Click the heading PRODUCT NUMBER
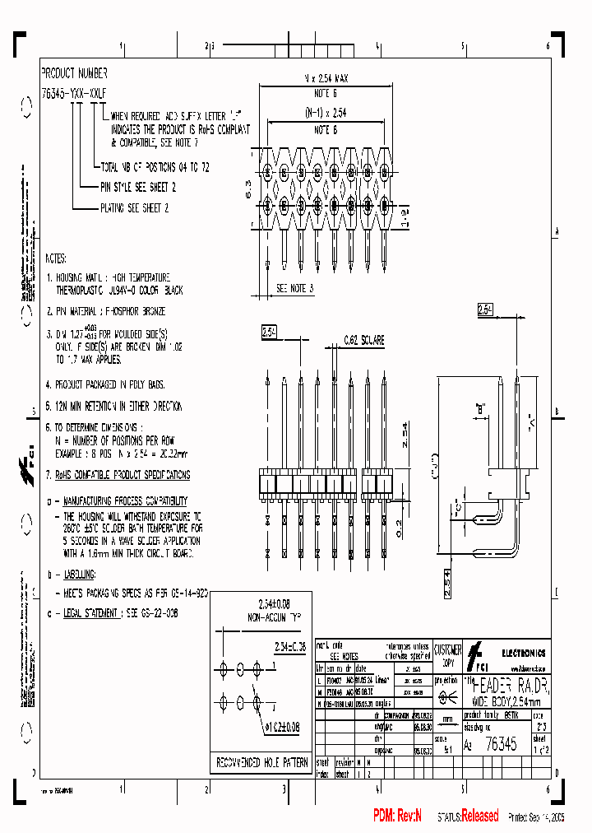tap(74, 72)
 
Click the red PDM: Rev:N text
tap(397, 816)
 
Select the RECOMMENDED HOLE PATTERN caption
tap(261, 762)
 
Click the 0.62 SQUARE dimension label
tap(362, 339)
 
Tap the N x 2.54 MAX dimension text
tap(326, 78)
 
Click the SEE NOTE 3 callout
tap(295, 288)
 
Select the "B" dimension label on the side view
tap(481, 407)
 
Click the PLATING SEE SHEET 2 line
tap(135, 208)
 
